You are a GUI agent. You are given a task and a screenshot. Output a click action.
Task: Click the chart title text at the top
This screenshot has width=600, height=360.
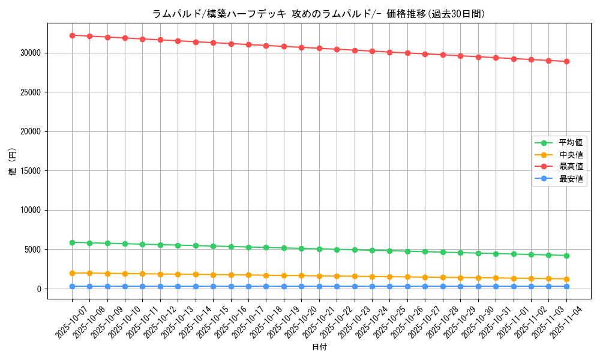(x=318, y=14)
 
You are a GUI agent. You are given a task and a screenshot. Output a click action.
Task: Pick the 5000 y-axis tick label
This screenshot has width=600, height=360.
(x=34, y=250)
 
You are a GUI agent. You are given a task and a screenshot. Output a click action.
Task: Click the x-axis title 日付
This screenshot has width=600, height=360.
(x=319, y=347)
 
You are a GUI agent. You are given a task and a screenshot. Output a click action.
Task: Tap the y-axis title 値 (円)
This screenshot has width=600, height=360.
(x=12, y=162)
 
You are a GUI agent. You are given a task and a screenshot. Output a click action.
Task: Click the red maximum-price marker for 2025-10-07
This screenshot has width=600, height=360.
(x=72, y=35)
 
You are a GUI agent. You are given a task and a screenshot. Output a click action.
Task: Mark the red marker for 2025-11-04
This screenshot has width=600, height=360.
(x=566, y=61)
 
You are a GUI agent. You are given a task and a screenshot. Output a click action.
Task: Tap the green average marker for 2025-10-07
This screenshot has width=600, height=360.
(x=72, y=242)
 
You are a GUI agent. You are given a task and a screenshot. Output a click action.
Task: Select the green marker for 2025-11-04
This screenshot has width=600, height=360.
(x=566, y=256)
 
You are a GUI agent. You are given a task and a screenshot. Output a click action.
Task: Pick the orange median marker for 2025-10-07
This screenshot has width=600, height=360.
(x=72, y=273)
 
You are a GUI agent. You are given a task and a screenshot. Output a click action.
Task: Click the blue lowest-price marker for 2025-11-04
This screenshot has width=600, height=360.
(x=566, y=287)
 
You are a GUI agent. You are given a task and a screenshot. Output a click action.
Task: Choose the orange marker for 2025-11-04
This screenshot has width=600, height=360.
(x=566, y=279)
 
